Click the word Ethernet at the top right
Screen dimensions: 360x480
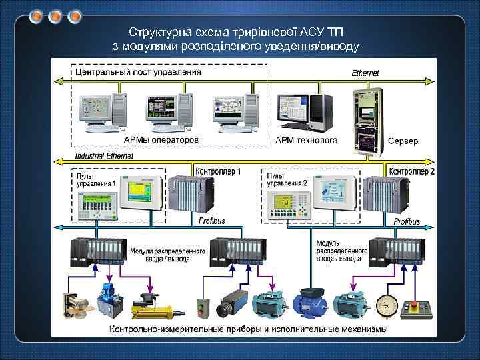(365, 72)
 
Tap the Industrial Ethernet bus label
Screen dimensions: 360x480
(104, 155)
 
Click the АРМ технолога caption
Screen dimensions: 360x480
(307, 141)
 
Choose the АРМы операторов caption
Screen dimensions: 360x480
(161, 141)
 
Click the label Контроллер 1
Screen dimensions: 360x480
(217, 171)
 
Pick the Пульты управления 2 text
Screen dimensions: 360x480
(287, 179)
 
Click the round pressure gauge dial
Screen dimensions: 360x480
(387, 306)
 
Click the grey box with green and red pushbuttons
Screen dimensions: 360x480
(204, 307)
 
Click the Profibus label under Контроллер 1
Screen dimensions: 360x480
(212, 219)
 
